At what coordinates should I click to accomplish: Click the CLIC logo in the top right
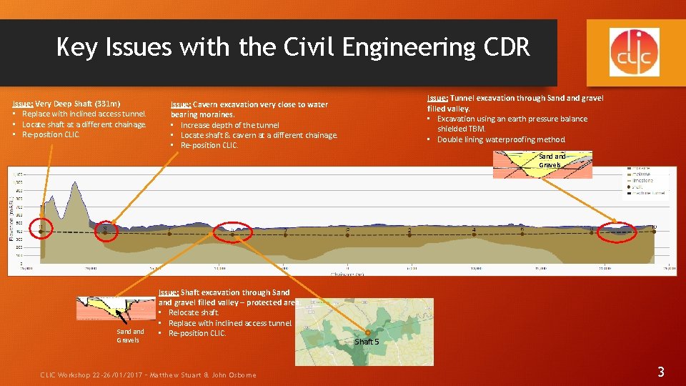click(x=635, y=52)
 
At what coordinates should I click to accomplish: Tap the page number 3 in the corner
click(x=660, y=371)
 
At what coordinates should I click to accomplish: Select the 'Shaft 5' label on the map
click(x=367, y=342)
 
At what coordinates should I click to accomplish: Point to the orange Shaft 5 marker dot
click(x=367, y=332)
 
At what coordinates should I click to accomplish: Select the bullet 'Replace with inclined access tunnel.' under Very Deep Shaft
click(x=84, y=114)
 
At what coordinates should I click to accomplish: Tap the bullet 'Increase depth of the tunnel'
click(x=229, y=125)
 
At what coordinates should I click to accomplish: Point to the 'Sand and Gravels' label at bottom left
click(x=131, y=335)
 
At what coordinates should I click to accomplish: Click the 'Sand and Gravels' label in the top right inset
click(x=552, y=161)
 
